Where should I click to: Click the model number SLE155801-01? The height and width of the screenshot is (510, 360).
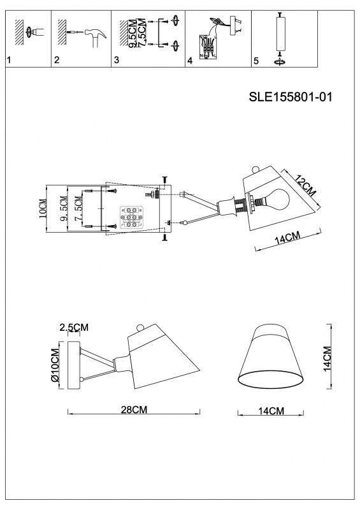pos(290,98)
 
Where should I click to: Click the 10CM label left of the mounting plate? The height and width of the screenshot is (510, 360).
pos(43,208)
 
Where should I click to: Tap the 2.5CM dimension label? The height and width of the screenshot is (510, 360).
pos(74,328)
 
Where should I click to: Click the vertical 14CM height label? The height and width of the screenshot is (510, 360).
pos(327,359)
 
